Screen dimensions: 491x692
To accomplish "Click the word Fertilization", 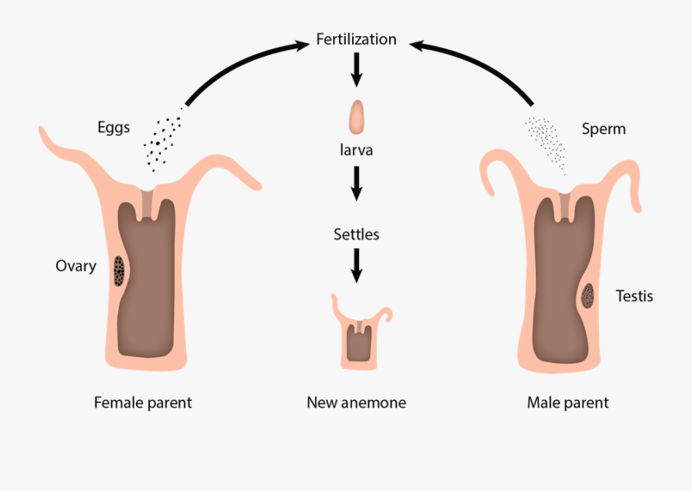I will pyautogui.click(x=356, y=39).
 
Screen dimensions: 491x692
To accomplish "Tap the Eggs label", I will pyautogui.click(x=114, y=127).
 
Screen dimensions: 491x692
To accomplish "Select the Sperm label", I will pyautogui.click(x=604, y=128).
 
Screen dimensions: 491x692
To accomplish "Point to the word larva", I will pyautogui.click(x=357, y=150).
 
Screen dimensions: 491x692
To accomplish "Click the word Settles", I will pyautogui.click(x=356, y=234).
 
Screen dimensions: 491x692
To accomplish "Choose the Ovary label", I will pyautogui.click(x=75, y=266).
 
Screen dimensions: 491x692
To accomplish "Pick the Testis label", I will pyautogui.click(x=634, y=295).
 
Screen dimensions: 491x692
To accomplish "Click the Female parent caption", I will pyautogui.click(x=143, y=402).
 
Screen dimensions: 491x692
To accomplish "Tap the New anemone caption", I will pyautogui.click(x=356, y=402).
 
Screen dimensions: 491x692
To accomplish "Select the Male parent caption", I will pyautogui.click(x=567, y=402).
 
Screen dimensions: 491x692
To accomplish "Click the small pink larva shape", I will pyautogui.click(x=357, y=116).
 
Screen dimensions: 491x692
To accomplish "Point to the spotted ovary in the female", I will pyautogui.click(x=119, y=270).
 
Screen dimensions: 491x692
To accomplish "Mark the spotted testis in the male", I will pyautogui.click(x=589, y=296).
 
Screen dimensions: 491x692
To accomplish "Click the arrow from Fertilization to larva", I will pyautogui.click(x=356, y=71).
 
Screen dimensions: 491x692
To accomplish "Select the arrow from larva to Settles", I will pyautogui.click(x=356, y=183).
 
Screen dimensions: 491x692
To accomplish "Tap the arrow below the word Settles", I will pyautogui.click(x=356, y=264).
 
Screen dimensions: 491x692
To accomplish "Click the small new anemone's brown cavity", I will pyautogui.click(x=358, y=343).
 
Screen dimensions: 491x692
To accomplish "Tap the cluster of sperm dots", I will pyautogui.click(x=546, y=142).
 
